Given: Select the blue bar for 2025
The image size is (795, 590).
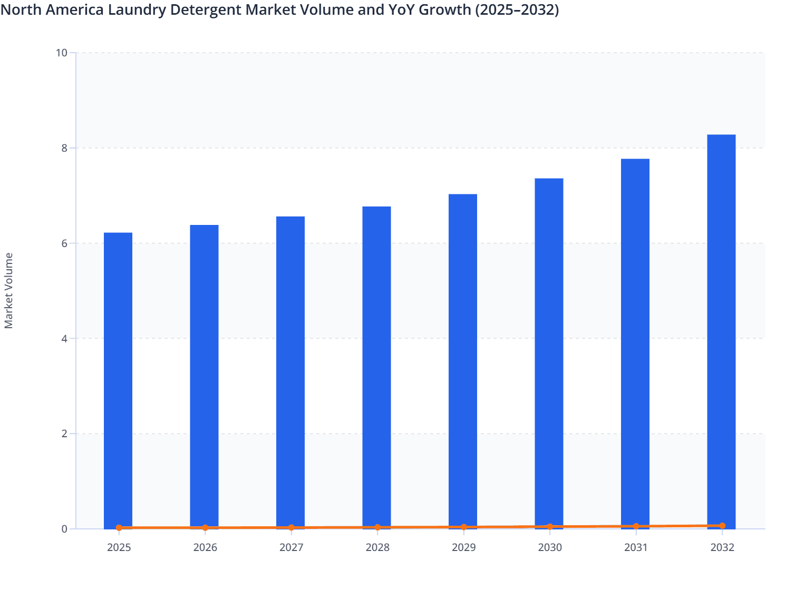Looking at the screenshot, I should point(118,379).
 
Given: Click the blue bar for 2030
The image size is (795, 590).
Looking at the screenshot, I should point(549,352).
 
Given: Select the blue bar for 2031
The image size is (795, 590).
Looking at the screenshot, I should point(635,342).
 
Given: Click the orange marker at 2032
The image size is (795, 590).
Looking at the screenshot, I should point(722,526).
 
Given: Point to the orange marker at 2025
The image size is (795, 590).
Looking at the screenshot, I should point(119,527).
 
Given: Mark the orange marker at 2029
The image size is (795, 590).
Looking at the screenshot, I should point(464,527).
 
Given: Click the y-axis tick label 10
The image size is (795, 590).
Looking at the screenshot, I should point(61,53).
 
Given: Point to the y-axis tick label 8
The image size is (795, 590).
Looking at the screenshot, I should point(64,148).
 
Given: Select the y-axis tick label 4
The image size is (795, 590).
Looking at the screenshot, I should point(64,339).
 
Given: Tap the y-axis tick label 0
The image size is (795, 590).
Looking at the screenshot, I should point(64,529).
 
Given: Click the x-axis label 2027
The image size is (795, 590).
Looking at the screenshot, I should point(291,548).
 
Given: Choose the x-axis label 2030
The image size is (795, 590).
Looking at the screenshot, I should point(550,548).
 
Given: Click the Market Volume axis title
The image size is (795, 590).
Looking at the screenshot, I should point(9,291).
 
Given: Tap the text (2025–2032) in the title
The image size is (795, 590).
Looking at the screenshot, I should point(517,9).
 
